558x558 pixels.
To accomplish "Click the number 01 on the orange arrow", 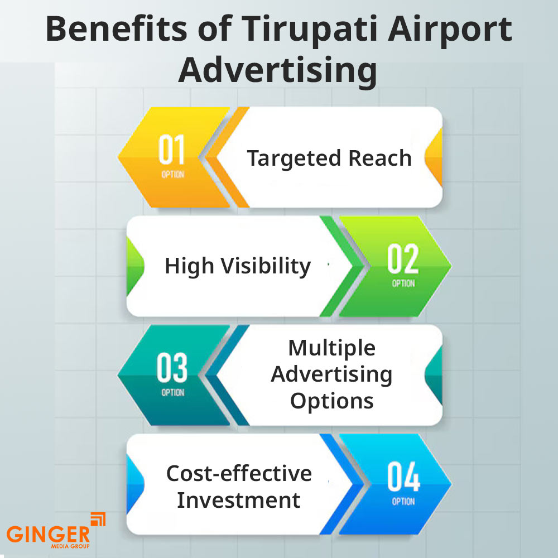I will [x=171, y=150].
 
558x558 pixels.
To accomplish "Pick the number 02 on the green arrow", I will [x=403, y=258].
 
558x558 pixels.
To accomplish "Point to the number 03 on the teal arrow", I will [x=171, y=368].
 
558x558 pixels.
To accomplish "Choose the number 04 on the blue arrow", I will [x=403, y=477].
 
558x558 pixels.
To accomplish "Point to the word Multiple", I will [x=332, y=348].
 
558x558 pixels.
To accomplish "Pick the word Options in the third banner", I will [x=332, y=400].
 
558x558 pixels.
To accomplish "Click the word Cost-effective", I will [x=239, y=473].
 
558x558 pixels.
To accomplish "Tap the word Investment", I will [x=239, y=499].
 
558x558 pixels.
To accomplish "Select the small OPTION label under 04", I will [x=403, y=502].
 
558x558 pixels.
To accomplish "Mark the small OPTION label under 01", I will [x=172, y=174].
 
